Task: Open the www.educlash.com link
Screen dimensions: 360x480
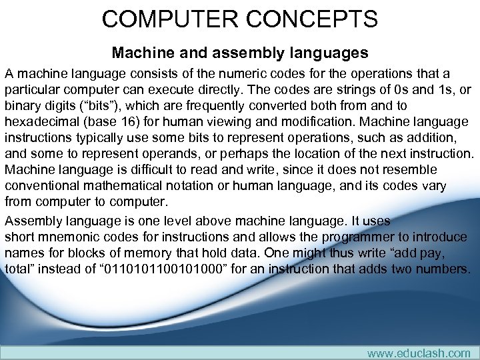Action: coord(419,353)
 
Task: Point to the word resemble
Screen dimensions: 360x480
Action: coord(412,169)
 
